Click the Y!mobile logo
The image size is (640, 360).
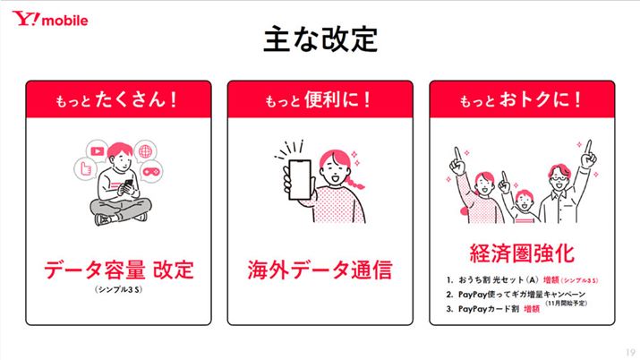coord(50,19)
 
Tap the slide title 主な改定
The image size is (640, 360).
coord(320,39)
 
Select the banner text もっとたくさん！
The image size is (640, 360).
coord(117,99)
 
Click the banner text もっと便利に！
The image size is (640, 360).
coord(319,99)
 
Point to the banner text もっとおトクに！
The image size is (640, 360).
coord(521,99)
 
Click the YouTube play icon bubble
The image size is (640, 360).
coord(98,151)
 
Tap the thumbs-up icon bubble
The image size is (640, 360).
coord(85,168)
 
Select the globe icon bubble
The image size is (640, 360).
coord(145,151)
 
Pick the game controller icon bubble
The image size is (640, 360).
coord(151,171)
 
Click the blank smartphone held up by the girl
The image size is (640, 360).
coord(300,179)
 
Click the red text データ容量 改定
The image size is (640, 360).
coord(118,270)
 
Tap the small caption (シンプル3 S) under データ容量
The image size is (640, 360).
coord(118,290)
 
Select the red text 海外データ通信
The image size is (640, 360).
coord(320,270)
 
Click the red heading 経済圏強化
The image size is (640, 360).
coord(522,253)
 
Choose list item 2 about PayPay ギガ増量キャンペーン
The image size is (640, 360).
coord(516,295)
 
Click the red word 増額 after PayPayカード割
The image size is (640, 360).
coord(532,309)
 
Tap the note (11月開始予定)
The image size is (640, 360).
coord(566,304)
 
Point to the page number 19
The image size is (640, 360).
coord(630,353)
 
